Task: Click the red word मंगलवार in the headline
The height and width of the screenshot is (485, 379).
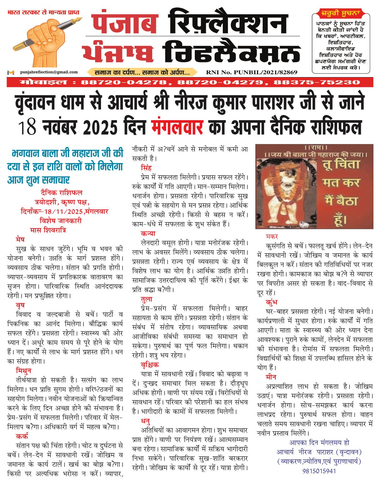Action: point(177,127)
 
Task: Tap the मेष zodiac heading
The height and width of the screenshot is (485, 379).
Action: point(20,240)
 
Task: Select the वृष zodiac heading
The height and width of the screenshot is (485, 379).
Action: point(20,305)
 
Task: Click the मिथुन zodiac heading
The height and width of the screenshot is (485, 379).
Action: point(23,371)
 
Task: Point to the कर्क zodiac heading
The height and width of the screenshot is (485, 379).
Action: point(22,436)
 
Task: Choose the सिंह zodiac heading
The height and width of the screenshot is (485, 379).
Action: point(146,168)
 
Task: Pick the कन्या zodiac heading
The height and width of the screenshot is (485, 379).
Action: point(148,233)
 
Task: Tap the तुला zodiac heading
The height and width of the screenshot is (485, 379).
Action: point(147,299)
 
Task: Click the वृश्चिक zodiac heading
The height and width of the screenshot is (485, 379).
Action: point(150,364)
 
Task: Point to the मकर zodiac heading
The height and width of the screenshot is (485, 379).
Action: point(272,236)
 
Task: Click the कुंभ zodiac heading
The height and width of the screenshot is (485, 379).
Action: point(271,302)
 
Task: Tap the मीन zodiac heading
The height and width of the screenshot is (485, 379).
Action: point(271,377)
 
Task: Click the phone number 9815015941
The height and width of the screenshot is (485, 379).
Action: point(319,471)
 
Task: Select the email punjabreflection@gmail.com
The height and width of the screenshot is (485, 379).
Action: point(49,72)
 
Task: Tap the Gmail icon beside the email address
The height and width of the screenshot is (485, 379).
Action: point(11,72)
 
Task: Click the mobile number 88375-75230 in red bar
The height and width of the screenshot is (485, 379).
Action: point(316,82)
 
